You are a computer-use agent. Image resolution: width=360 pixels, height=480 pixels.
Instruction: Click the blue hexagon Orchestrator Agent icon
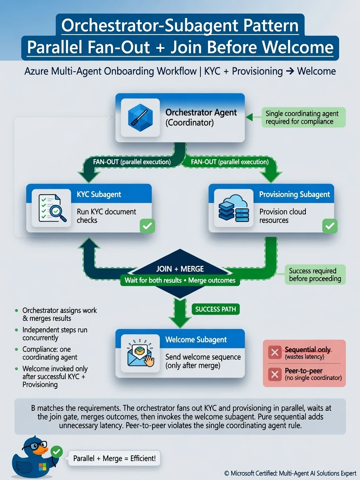(x=140, y=117)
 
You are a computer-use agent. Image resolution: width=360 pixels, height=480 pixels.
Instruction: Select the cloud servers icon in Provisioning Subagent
(x=234, y=208)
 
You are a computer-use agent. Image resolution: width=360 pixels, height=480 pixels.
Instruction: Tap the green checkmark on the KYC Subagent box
(x=147, y=226)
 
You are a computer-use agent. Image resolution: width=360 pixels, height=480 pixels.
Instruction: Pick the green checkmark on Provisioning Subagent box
(x=330, y=226)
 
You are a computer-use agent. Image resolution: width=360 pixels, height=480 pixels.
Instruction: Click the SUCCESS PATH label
(x=215, y=309)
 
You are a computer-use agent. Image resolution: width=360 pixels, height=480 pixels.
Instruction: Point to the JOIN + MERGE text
(x=180, y=269)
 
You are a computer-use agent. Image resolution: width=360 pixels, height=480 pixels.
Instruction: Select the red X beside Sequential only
(x=275, y=352)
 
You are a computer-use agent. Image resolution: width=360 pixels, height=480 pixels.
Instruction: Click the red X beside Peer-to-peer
(x=275, y=374)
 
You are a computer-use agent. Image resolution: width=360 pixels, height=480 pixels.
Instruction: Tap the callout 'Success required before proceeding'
(x=315, y=275)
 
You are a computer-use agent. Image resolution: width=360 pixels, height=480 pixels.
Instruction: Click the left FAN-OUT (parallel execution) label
(x=132, y=162)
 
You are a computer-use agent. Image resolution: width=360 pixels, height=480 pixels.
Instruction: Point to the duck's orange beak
(x=40, y=450)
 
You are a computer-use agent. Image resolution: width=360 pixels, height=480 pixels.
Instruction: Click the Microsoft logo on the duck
(x=42, y=467)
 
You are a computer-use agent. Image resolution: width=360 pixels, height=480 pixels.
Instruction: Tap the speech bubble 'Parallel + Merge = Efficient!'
(x=114, y=458)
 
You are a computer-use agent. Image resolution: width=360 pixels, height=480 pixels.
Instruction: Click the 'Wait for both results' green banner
(x=180, y=280)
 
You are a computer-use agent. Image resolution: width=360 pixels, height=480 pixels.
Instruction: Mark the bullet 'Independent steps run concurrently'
(x=55, y=334)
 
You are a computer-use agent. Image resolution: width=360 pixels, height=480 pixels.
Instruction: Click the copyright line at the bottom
(x=290, y=473)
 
